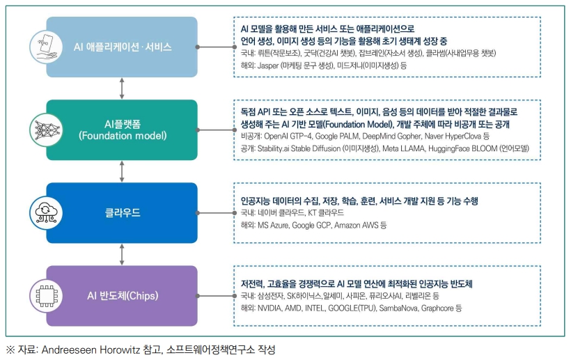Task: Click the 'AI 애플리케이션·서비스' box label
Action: pyautogui.click(x=123, y=47)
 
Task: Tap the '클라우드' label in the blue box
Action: pyautogui.click(x=123, y=212)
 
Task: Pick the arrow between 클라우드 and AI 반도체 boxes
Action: pyautogui.click(x=123, y=254)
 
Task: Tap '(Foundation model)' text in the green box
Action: pyautogui.click(x=122, y=134)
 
